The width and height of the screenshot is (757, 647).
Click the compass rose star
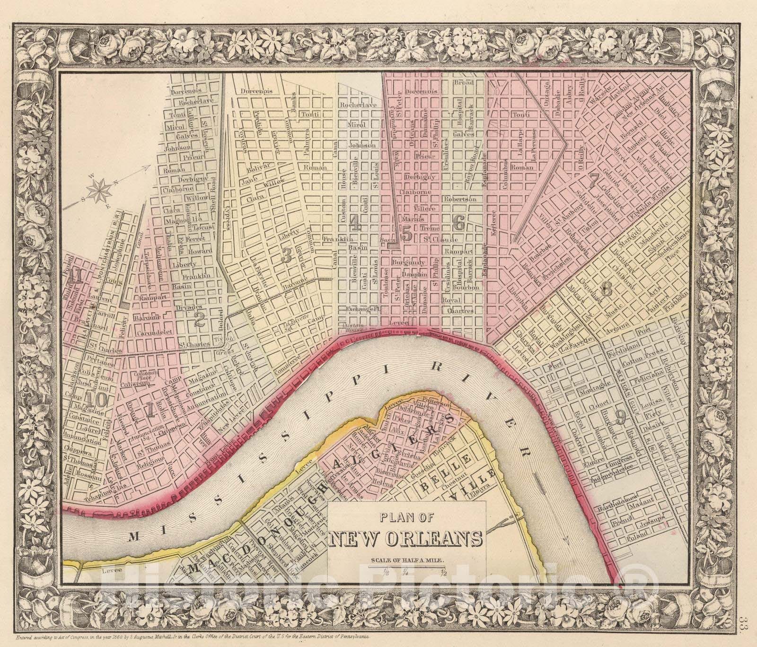tap(101, 190)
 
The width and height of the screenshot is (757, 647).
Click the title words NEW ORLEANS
tap(406, 539)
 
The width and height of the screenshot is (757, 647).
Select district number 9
tap(621, 415)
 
